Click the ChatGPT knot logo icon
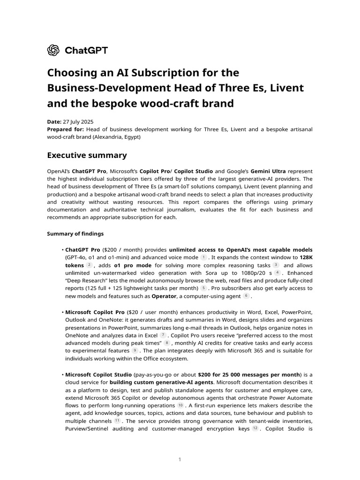coord(53,50)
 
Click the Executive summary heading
coord(87,155)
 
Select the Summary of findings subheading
coord(75,233)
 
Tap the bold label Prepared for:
coord(66,129)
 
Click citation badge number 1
coord(203,257)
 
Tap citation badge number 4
coord(277,272)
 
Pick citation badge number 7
coord(163,335)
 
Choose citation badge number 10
coord(180,405)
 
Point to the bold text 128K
coord(306,257)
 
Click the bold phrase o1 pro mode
coord(133,265)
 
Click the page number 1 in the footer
coord(180,459)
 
